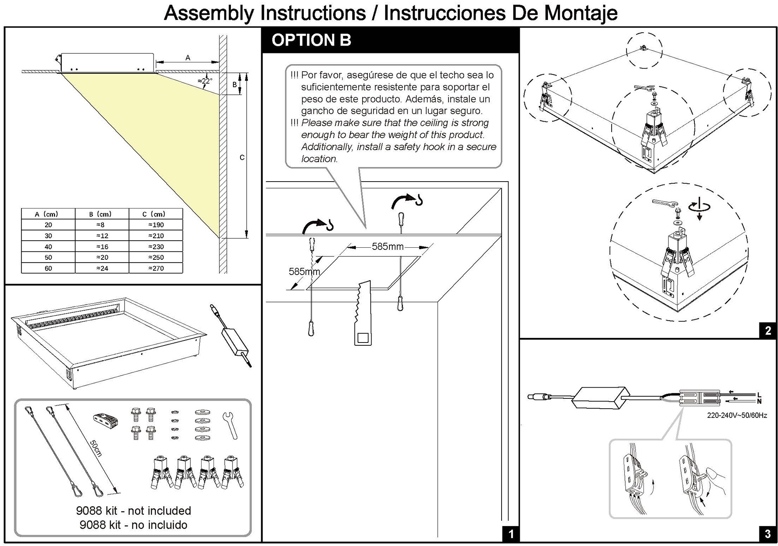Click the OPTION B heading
[311, 40]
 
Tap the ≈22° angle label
[205, 81]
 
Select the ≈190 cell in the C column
[156, 225]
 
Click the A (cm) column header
[47, 214]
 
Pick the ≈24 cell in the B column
[102, 268]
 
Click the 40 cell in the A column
[48, 247]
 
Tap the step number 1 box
[511, 534]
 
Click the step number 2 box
[768, 330]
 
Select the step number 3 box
[768, 534]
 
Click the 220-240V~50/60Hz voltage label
[737, 415]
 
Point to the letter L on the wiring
[759, 395]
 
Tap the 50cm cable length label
[96, 448]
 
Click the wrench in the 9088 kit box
[230, 425]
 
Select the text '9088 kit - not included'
[133, 510]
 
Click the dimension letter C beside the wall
[242, 157]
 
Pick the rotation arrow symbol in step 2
[699, 207]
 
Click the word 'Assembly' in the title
[209, 13]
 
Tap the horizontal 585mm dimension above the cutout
[387, 247]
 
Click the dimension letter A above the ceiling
[188, 57]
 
